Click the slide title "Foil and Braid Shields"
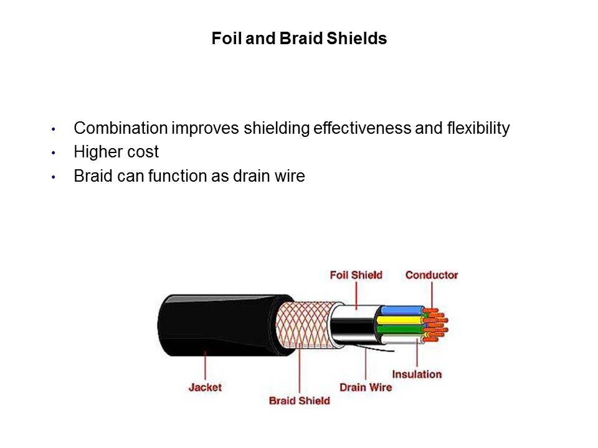point(299,39)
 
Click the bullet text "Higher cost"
point(116,152)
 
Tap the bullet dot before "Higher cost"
point(54,153)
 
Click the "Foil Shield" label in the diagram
point(356,274)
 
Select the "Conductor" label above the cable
point(432,274)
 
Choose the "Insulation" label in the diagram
point(417,374)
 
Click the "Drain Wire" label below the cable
point(366,387)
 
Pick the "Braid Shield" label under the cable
point(299,400)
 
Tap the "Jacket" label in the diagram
point(205,387)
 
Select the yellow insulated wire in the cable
point(399,320)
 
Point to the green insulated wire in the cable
point(399,329)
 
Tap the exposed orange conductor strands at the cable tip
point(436,324)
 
